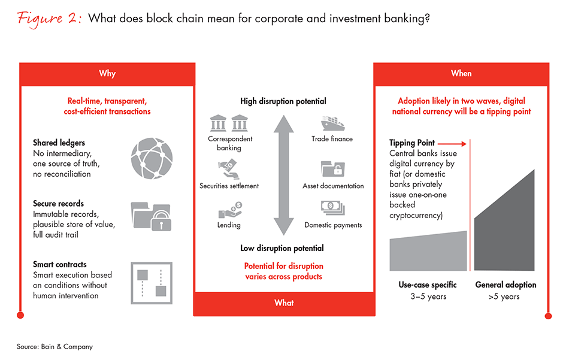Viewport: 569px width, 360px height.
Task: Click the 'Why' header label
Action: coord(107,74)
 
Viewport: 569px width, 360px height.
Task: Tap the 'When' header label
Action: coord(461,74)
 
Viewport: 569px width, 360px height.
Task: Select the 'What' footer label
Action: coord(284,303)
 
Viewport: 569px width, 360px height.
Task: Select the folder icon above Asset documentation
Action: coord(333,170)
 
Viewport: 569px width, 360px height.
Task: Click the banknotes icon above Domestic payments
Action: coord(333,209)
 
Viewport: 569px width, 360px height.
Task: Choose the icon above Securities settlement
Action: coord(229,169)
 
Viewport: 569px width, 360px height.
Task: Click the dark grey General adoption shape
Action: coord(505,225)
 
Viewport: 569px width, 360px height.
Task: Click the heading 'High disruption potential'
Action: coord(283,102)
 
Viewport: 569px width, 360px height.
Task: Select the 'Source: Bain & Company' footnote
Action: coord(55,347)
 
